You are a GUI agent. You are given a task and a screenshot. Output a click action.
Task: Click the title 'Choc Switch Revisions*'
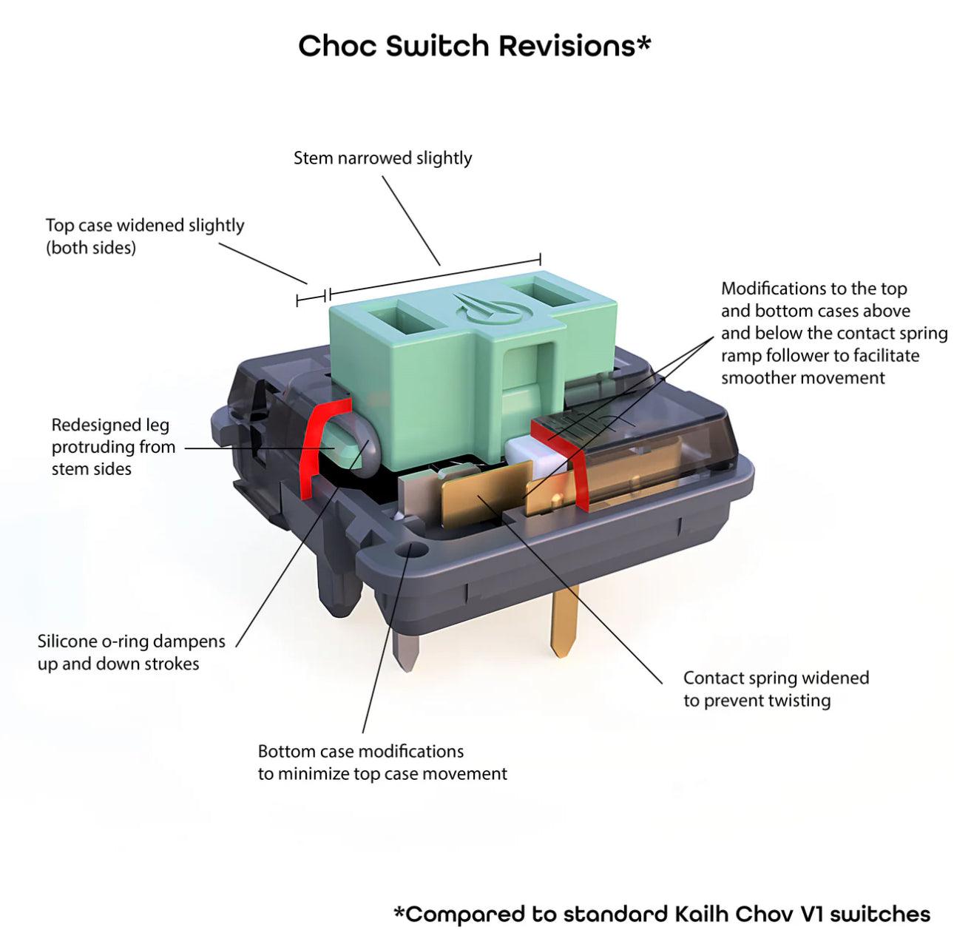(474, 46)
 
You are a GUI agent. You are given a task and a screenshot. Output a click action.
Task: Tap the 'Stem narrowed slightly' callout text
(382, 158)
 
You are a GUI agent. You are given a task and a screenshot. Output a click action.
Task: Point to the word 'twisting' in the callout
(795, 700)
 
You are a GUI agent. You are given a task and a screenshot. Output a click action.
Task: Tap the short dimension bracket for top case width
(311, 298)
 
